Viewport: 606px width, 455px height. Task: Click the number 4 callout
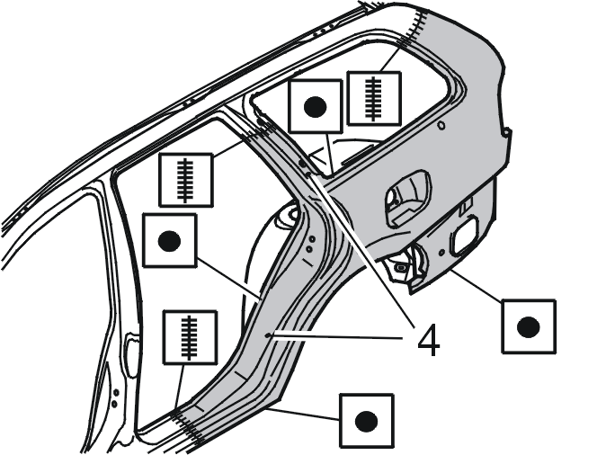click(429, 340)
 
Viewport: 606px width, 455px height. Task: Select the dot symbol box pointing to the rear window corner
click(316, 107)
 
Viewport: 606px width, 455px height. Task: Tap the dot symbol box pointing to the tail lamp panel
click(529, 326)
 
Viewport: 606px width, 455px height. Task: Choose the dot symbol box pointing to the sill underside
click(366, 421)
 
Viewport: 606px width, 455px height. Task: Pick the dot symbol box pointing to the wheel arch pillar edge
click(170, 240)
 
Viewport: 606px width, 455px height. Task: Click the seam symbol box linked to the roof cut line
click(374, 99)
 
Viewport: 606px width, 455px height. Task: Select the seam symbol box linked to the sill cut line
click(190, 337)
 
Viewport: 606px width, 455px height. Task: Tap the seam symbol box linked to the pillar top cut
click(186, 180)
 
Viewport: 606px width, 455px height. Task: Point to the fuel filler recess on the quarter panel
click(408, 197)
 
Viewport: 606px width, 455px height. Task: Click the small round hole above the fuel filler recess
click(441, 125)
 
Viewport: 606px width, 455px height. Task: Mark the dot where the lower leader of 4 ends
click(268, 335)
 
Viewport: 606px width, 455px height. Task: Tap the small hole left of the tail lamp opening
click(441, 253)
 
